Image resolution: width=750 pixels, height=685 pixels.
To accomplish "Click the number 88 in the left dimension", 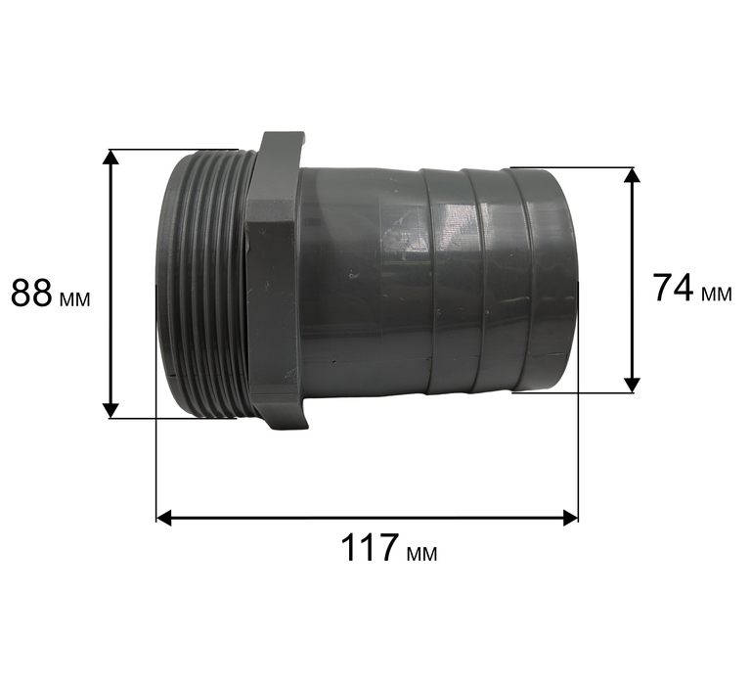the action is tap(31, 293).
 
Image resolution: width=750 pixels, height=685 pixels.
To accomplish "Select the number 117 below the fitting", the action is tap(370, 548).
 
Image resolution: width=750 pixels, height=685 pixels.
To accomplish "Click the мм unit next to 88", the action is tap(75, 299).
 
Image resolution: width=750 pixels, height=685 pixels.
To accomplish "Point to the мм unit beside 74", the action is tap(717, 295).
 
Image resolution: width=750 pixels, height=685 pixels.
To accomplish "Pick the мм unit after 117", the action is tap(421, 554).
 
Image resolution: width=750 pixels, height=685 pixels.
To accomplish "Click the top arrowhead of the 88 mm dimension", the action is tap(110, 157).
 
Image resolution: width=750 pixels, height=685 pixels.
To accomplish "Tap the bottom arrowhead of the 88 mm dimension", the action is tap(110, 410).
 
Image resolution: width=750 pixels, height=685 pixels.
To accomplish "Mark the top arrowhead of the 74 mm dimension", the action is tap(633, 175).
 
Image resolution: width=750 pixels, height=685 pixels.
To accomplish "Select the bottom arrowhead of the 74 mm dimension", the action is tap(633, 385).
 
